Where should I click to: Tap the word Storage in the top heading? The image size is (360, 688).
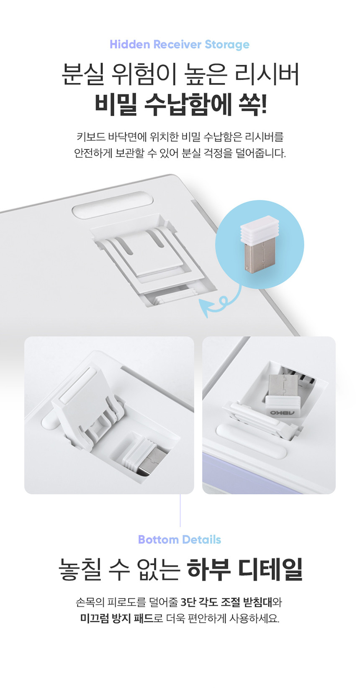point(227,45)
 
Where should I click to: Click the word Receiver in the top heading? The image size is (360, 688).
point(177,44)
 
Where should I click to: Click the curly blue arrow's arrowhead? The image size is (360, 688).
point(205,308)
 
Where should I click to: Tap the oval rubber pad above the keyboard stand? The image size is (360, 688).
point(113,205)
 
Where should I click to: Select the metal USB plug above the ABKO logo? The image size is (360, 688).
point(283,386)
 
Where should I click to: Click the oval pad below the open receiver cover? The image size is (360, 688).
point(251,439)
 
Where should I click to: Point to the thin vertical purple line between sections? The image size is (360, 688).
point(180,510)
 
